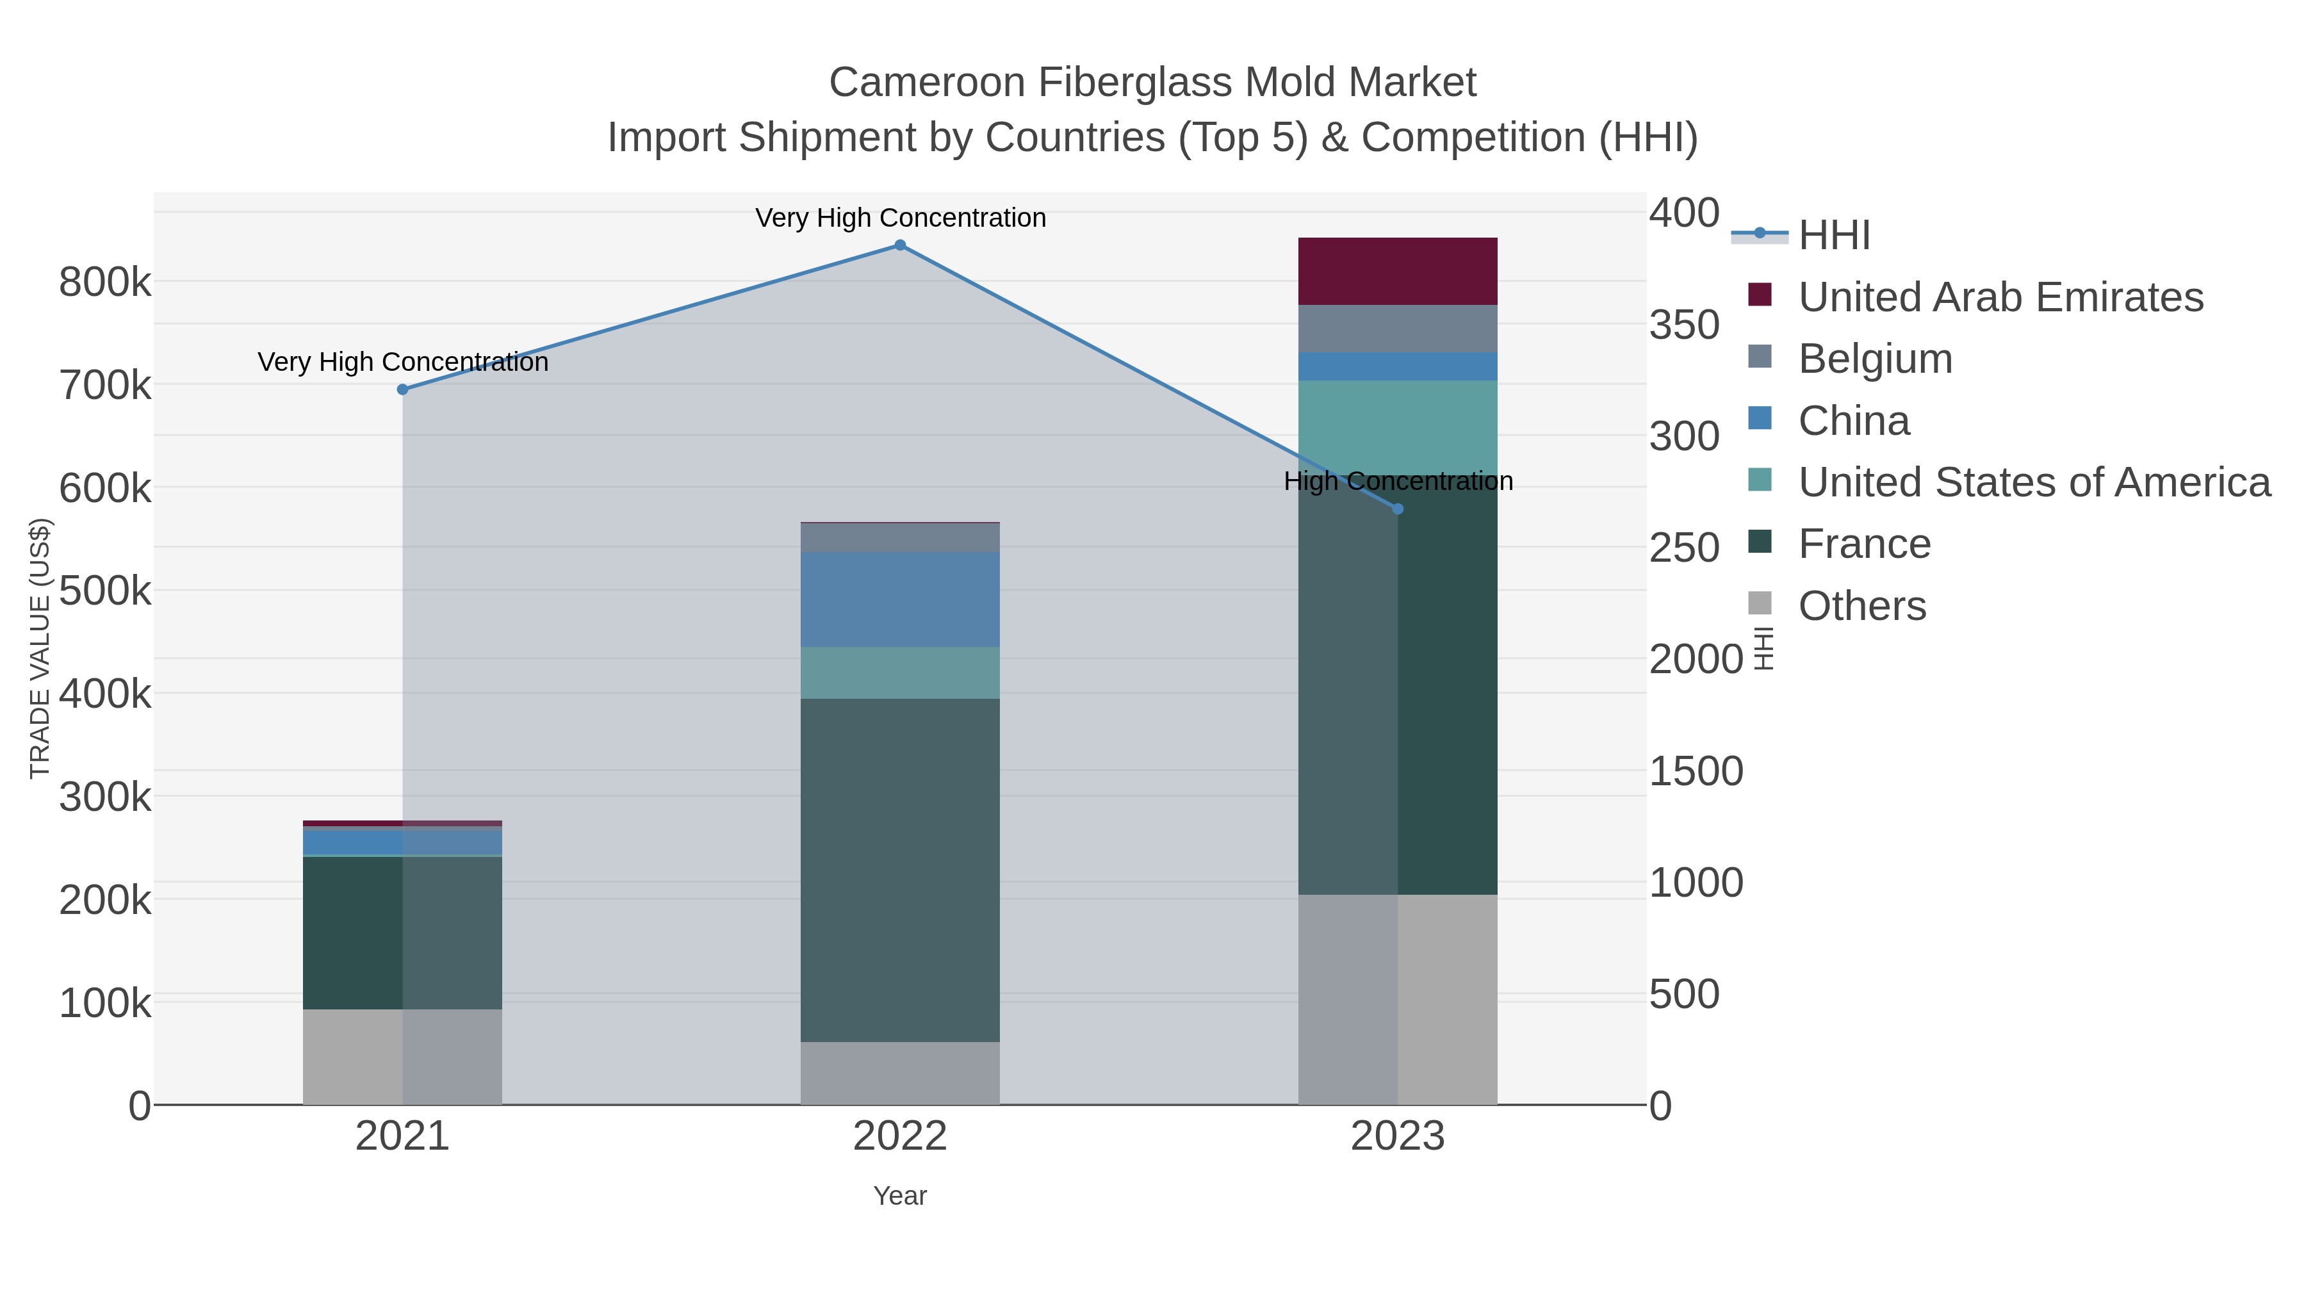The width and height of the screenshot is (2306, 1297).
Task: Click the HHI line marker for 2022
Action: pyautogui.click(x=900, y=245)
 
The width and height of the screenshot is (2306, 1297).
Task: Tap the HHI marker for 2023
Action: pyautogui.click(x=1398, y=509)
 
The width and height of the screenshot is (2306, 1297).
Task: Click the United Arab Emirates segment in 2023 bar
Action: pyautogui.click(x=1398, y=271)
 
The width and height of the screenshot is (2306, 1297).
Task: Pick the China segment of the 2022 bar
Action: pyautogui.click(x=900, y=599)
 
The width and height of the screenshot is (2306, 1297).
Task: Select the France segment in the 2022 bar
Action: pyautogui.click(x=900, y=869)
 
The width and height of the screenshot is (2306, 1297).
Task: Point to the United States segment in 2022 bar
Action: pyautogui.click(x=900, y=673)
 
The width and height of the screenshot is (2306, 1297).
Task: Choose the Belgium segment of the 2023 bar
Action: pyautogui.click(x=1398, y=329)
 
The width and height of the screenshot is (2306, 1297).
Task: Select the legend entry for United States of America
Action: pyautogui.click(x=2034, y=482)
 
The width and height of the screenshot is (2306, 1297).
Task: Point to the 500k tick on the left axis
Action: pyautogui.click(x=105, y=591)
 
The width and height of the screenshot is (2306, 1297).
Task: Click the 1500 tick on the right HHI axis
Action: pyautogui.click(x=1696, y=772)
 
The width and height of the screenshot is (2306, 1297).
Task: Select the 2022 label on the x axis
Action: pyautogui.click(x=900, y=1137)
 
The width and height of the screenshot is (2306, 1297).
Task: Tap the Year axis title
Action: pyautogui.click(x=900, y=1196)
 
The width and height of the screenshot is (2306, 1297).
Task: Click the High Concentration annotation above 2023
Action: pyautogui.click(x=1398, y=482)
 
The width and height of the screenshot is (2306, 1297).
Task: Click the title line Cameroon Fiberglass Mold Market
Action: pyautogui.click(x=1152, y=83)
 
